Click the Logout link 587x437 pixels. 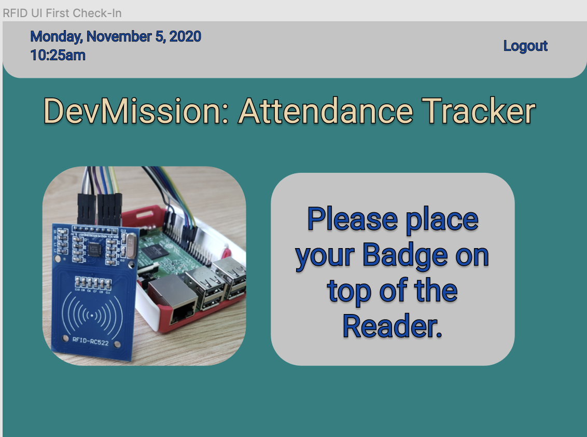click(525, 46)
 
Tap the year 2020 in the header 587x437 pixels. click(185, 37)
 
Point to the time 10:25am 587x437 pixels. click(58, 55)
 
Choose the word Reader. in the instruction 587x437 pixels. click(393, 326)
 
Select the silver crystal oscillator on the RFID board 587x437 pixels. click(130, 246)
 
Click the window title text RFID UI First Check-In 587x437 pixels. click(62, 13)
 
